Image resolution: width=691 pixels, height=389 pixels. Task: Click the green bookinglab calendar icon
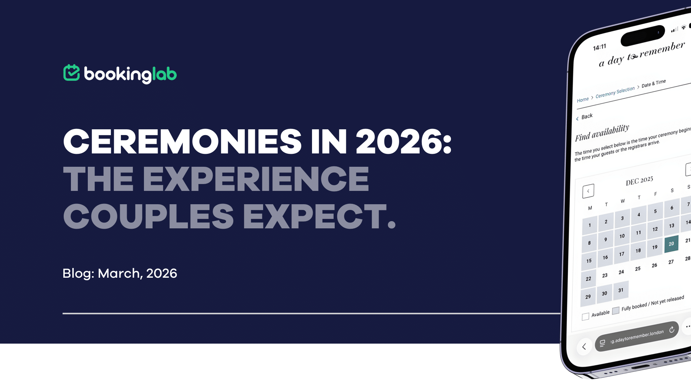tap(71, 73)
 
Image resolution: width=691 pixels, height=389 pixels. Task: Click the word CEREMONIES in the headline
tap(182, 141)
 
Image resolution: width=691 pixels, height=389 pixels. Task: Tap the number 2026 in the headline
tap(399, 141)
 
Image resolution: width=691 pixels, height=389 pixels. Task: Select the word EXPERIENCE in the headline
tap(256, 179)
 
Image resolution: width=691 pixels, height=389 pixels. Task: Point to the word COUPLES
tap(149, 216)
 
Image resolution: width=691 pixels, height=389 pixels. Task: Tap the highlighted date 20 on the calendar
tap(671, 244)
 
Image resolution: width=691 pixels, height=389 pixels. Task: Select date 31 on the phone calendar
tap(621, 290)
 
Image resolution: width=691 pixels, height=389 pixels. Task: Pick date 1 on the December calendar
tap(590, 225)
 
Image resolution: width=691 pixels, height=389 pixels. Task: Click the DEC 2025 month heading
tap(639, 180)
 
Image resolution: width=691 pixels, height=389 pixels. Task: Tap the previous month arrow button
tap(588, 191)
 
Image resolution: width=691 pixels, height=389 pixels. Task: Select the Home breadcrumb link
tap(583, 99)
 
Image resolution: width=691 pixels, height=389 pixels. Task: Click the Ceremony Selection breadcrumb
tap(615, 93)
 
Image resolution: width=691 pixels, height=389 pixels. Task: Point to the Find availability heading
tap(602, 133)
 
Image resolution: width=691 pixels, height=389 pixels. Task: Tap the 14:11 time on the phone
tap(600, 47)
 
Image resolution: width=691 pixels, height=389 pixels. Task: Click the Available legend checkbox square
tap(586, 316)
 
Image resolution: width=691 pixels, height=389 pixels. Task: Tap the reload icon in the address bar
tap(672, 330)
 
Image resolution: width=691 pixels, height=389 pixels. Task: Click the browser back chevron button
tap(584, 346)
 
